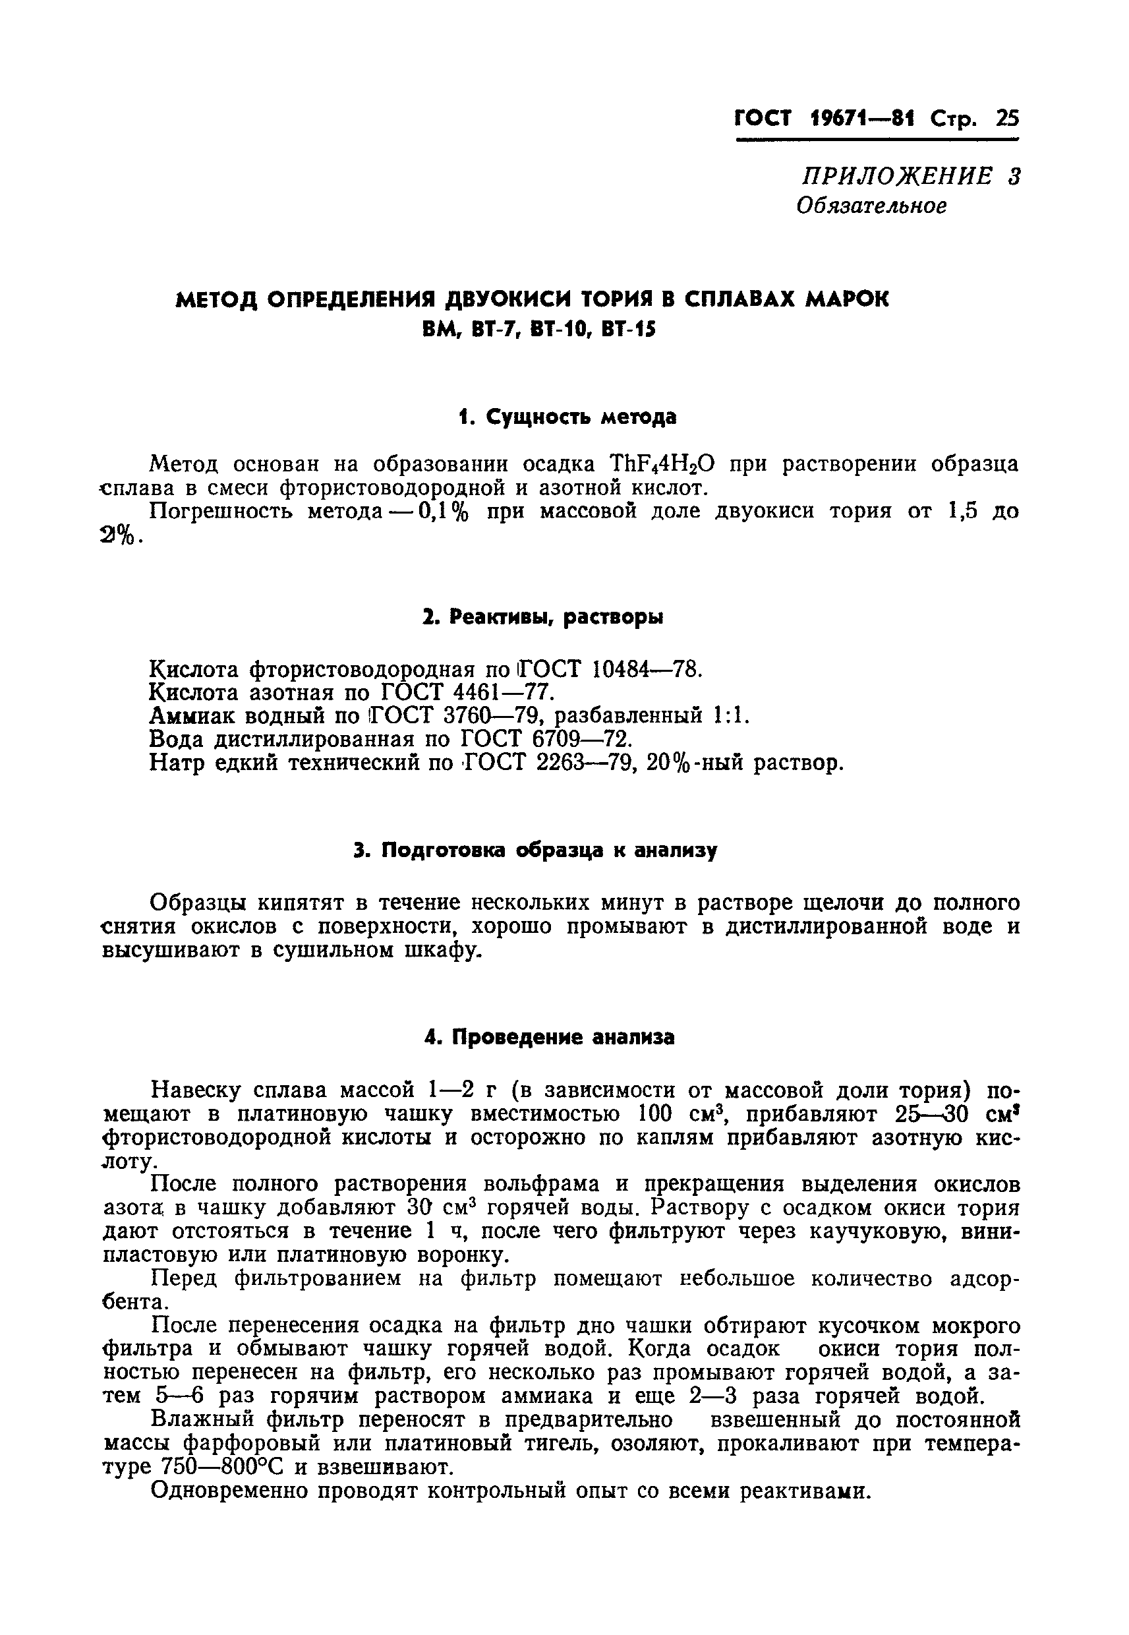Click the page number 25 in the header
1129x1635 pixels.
(x=1007, y=119)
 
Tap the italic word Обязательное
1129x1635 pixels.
(x=871, y=206)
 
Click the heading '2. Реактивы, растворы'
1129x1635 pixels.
(x=542, y=618)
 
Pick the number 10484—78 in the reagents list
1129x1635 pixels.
(x=645, y=669)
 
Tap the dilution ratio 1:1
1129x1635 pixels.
(x=731, y=716)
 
